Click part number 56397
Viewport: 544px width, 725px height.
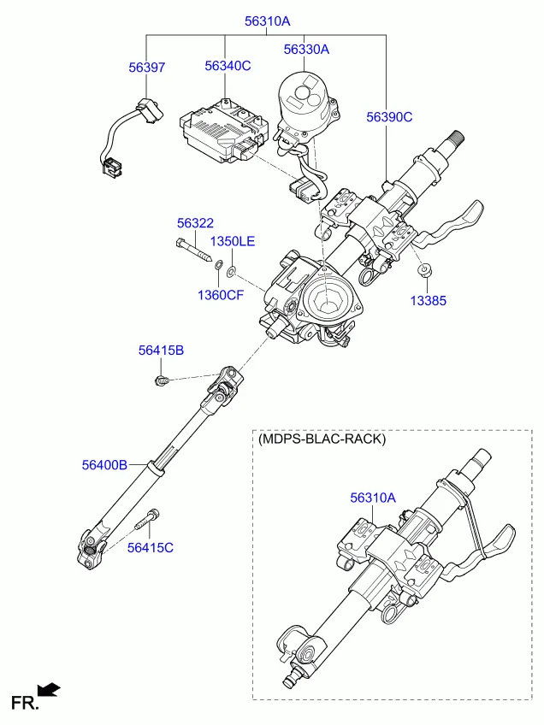pos(147,68)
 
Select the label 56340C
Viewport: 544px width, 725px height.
pos(228,66)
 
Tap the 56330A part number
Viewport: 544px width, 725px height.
pos(306,50)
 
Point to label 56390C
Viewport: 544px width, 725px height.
pos(389,116)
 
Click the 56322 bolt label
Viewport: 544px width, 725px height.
pos(195,223)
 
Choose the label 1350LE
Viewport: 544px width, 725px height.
pos(233,241)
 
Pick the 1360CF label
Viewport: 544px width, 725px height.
pos(221,295)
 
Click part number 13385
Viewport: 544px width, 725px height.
pos(428,301)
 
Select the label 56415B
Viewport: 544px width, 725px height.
pos(161,350)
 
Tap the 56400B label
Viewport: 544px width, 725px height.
pos(104,465)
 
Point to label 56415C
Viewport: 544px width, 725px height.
pos(151,547)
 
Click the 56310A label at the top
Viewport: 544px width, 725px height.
pos(267,20)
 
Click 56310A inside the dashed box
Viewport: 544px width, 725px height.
pos(373,497)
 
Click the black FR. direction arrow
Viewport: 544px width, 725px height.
pos(49,689)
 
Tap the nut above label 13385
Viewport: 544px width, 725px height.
pos(424,272)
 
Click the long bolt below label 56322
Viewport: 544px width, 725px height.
pos(196,251)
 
